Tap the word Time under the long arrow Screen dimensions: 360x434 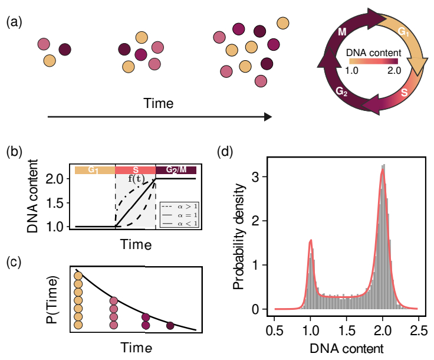(x=159, y=104)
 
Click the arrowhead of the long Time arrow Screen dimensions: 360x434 (x=268, y=117)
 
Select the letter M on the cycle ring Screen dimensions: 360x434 (x=343, y=32)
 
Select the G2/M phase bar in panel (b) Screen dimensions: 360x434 (x=175, y=171)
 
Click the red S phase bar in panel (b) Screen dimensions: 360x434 (x=135, y=171)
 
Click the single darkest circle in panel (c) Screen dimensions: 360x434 (x=170, y=325)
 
